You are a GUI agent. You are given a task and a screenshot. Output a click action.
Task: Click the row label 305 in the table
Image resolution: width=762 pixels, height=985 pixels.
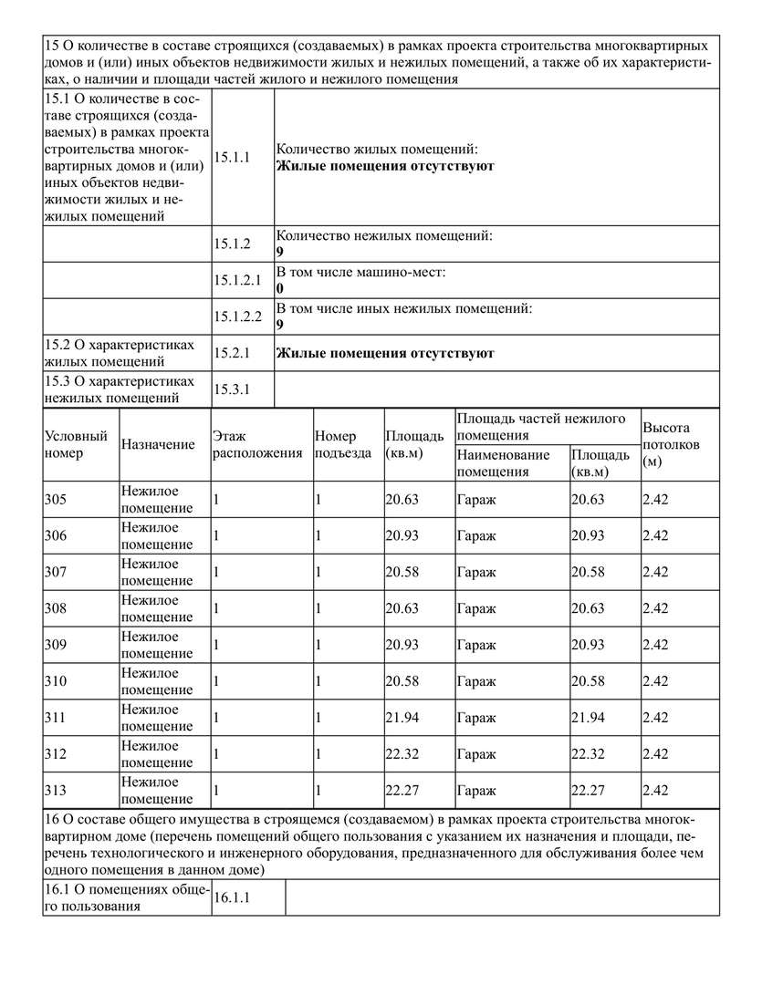pyautogui.click(x=56, y=500)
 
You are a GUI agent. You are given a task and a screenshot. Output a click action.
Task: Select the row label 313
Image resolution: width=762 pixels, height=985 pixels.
pyautogui.click(x=56, y=791)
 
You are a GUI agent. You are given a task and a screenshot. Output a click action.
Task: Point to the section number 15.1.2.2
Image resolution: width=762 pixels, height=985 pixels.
pyautogui.click(x=238, y=316)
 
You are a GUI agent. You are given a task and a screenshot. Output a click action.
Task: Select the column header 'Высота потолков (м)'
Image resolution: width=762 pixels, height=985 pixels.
pyautogui.click(x=671, y=444)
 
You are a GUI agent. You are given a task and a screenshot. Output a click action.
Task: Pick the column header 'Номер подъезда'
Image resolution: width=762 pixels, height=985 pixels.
pyautogui.click(x=342, y=444)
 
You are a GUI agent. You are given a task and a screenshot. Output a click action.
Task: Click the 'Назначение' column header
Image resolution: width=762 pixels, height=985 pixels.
pyautogui.click(x=158, y=444)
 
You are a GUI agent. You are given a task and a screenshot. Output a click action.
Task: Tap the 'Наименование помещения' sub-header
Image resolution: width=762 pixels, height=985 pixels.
pyautogui.click(x=503, y=463)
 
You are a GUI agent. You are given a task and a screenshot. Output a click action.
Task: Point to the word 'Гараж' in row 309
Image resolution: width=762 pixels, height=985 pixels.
pyautogui.click(x=476, y=645)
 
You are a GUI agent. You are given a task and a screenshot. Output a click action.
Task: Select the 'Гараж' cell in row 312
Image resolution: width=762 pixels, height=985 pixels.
pyautogui.click(x=476, y=754)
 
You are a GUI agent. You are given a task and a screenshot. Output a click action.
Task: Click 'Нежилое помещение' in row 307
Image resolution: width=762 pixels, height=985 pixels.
pyautogui.click(x=151, y=572)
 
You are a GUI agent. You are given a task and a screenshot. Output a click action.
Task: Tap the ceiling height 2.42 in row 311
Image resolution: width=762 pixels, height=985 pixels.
pyautogui.click(x=655, y=718)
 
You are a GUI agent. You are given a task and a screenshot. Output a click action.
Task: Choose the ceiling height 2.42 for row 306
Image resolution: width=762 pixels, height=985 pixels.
pyautogui.click(x=655, y=535)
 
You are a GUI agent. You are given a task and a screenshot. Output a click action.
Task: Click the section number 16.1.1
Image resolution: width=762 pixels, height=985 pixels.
pyautogui.click(x=232, y=898)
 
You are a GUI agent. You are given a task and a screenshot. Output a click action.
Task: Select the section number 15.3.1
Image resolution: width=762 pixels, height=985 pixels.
pyautogui.click(x=232, y=389)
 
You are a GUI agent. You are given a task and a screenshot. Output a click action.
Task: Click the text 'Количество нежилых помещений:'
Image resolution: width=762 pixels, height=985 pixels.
pyautogui.click(x=384, y=236)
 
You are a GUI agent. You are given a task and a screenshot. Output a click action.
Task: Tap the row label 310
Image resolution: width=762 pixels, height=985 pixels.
pyautogui.click(x=56, y=681)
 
